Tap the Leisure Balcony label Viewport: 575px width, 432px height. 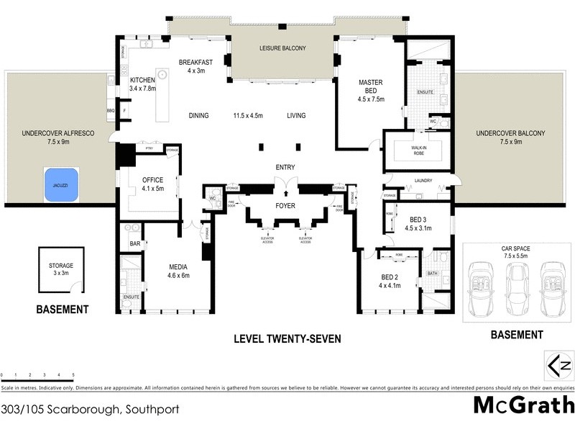click(x=282, y=48)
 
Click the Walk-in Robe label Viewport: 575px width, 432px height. click(x=418, y=150)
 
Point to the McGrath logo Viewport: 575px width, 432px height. click(x=523, y=405)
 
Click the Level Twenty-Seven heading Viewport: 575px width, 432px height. click(x=287, y=338)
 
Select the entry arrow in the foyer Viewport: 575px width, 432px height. click(x=286, y=193)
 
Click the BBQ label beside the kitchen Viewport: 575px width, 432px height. click(x=111, y=110)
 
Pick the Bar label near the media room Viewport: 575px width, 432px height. click(x=134, y=244)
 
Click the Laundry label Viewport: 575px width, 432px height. click(x=422, y=181)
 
